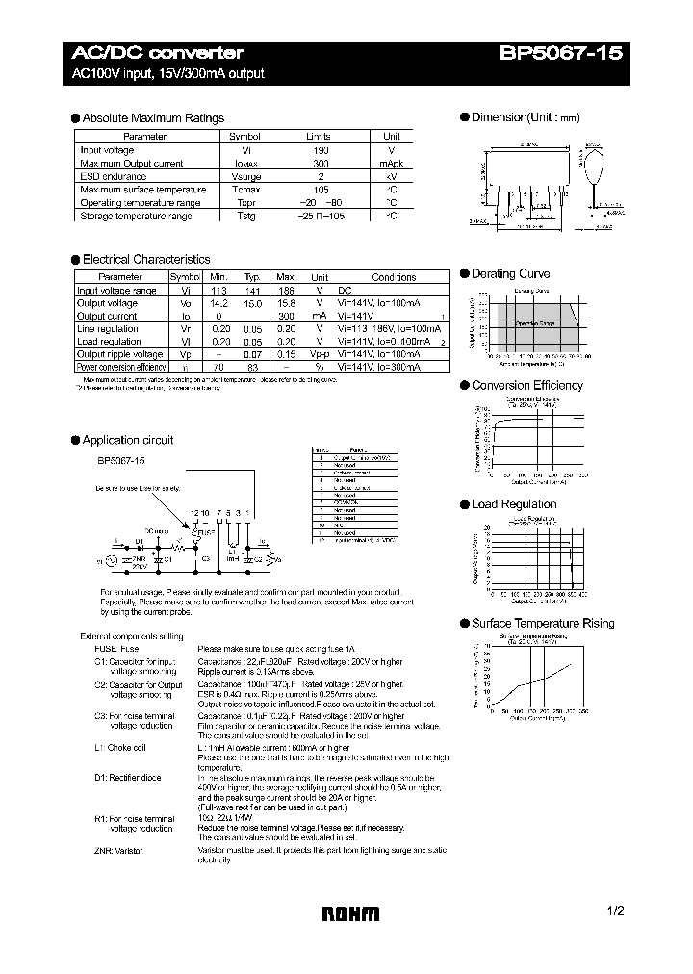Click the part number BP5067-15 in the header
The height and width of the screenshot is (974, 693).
tap(561, 54)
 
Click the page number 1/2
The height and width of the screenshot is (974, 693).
tap(616, 910)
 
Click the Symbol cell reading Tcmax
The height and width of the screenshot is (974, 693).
tap(244, 191)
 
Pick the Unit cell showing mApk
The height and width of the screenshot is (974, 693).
tap(392, 164)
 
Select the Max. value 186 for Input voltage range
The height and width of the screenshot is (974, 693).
tap(286, 291)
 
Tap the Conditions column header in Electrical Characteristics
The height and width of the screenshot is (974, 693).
tap(394, 277)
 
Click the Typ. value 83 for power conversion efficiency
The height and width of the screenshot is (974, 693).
tap(252, 368)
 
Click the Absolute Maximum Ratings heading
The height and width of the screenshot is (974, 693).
tap(153, 118)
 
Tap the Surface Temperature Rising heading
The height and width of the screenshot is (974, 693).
tap(542, 624)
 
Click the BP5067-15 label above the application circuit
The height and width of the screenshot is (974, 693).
tap(121, 461)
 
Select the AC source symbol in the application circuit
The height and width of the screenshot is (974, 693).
tap(110, 559)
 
